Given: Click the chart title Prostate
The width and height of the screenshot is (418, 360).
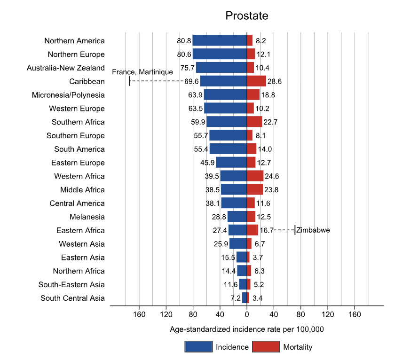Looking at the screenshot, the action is click(x=246, y=16).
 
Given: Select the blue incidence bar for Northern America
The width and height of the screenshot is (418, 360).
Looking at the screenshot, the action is click(x=220, y=40).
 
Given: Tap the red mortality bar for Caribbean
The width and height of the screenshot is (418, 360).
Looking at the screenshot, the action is click(x=256, y=81).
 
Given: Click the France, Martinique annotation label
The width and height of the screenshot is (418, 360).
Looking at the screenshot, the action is click(x=142, y=72).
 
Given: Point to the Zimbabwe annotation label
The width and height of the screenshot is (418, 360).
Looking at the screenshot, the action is click(x=313, y=230).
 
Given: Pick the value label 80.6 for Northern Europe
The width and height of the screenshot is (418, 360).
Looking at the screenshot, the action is click(x=184, y=55).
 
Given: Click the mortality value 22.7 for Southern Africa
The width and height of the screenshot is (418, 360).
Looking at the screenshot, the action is click(x=270, y=122).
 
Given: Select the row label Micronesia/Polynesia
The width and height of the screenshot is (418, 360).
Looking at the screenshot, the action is click(x=68, y=95).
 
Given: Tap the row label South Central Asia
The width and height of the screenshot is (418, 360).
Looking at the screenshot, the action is click(x=72, y=298).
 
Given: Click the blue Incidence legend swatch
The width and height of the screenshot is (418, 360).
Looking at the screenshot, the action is click(x=198, y=347).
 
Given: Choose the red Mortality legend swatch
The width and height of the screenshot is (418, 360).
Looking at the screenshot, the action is click(x=266, y=347).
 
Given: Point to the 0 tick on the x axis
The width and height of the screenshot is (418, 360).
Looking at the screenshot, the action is click(x=247, y=314).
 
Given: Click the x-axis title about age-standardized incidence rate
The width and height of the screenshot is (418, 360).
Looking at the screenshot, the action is click(x=247, y=329).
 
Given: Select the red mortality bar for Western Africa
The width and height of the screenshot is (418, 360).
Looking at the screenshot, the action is click(x=255, y=176).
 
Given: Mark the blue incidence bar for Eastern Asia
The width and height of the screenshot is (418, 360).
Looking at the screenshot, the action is click(x=242, y=257).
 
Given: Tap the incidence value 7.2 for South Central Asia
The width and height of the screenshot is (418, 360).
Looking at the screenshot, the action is click(x=236, y=298).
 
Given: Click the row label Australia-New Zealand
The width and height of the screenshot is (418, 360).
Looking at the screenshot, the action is click(x=65, y=68).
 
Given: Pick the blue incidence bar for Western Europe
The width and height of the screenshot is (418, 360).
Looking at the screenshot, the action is click(x=226, y=108).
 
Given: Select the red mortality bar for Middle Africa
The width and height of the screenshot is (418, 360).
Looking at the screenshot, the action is click(x=255, y=189).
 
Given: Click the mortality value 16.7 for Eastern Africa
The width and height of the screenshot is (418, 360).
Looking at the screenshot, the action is click(x=267, y=230).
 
